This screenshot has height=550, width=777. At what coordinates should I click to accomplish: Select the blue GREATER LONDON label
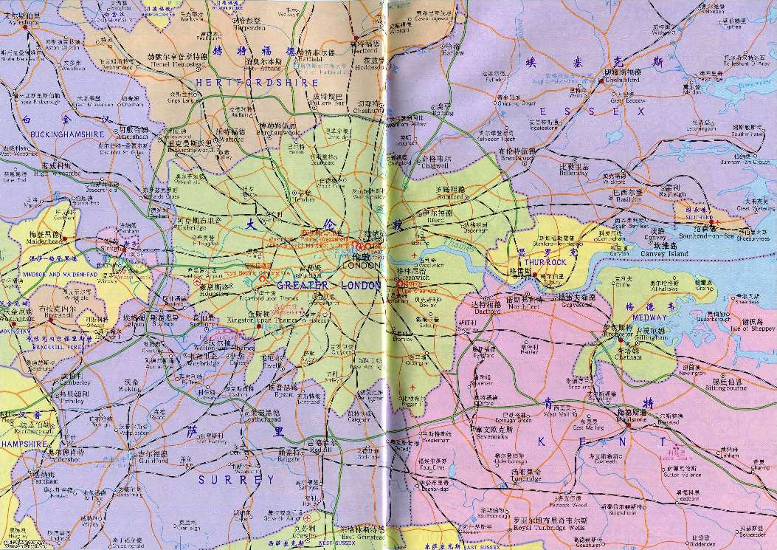[330, 285]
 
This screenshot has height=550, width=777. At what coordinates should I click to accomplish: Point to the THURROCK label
[545, 262]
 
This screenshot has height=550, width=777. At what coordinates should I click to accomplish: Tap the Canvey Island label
[658, 254]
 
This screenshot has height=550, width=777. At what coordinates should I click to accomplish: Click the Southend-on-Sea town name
[702, 236]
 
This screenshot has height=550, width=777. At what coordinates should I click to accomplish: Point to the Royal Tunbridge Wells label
[541, 526]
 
